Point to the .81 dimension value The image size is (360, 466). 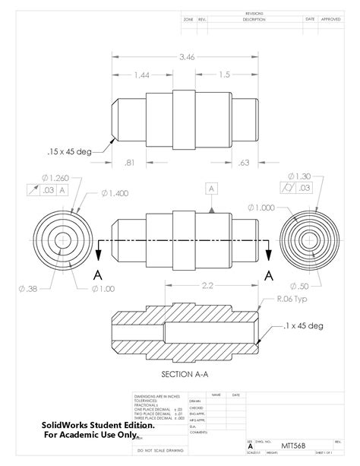pyautogui.click(x=128, y=162)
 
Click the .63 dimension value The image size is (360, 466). pyautogui.click(x=244, y=162)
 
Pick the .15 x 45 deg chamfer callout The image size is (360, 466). pyautogui.click(x=68, y=151)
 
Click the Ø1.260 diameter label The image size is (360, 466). pyautogui.click(x=55, y=178)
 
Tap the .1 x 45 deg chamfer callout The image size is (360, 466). pyautogui.click(x=302, y=325)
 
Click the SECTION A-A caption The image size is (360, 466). pyautogui.click(x=186, y=374)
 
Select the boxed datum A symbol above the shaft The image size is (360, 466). pyautogui.click(x=211, y=187)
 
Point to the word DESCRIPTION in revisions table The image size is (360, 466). pyautogui.click(x=254, y=19)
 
